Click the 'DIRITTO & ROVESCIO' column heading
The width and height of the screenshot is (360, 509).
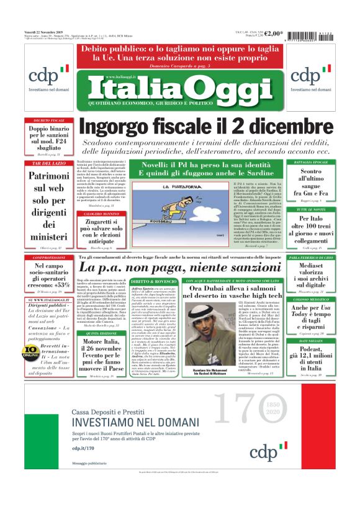coord(150,282)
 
